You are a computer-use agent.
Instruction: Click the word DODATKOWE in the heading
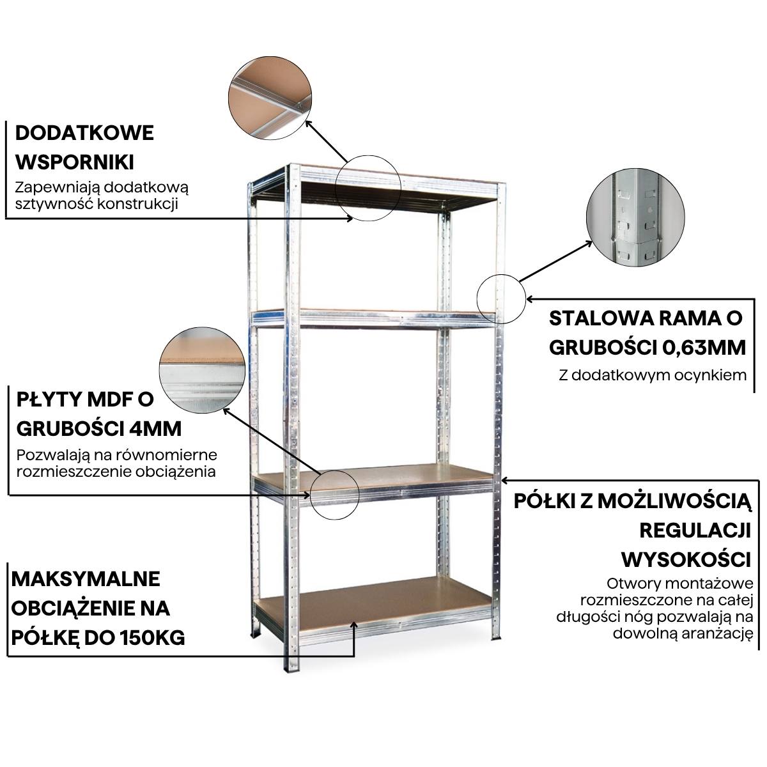84,133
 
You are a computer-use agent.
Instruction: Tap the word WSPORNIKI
74,161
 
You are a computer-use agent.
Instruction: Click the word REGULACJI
694,530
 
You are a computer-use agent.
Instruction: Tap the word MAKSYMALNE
86,579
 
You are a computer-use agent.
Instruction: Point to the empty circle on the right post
501,298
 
